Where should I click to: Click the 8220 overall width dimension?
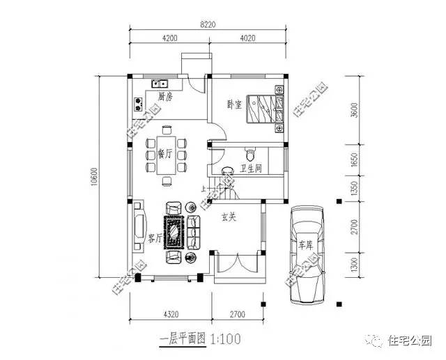[207, 24]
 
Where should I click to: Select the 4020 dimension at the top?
[249, 39]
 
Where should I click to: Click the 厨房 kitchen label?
[165, 96]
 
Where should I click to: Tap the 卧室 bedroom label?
[234, 104]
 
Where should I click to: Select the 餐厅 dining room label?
[165, 154]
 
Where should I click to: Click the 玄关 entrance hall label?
[229, 217]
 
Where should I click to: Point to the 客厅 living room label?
[155, 238]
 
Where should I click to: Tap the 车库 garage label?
[306, 245]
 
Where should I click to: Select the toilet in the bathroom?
[251, 152]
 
